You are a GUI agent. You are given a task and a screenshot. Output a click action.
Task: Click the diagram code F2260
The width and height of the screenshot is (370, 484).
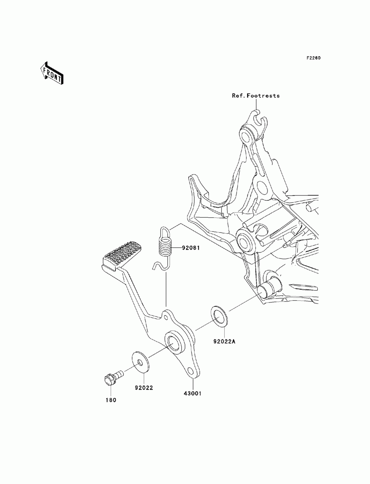tap(313, 58)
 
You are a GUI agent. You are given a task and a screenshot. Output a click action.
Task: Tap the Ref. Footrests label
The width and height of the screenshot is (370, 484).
tap(256, 96)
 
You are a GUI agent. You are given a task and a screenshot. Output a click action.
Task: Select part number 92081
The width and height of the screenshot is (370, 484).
tap(191, 248)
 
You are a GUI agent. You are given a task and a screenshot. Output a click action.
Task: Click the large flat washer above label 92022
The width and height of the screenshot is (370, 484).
tap(141, 362)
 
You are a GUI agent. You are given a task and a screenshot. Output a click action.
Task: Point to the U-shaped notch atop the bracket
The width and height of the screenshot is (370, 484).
tap(258, 120)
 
